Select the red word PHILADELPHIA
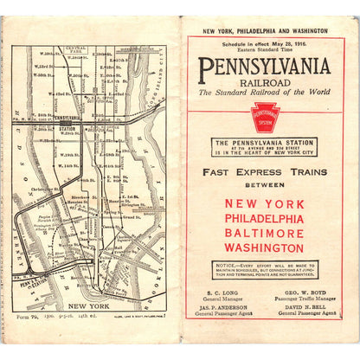pyautogui.click(x=264, y=219)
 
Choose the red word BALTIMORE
pyautogui.click(x=264, y=234)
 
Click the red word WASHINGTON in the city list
pyautogui.click(x=264, y=248)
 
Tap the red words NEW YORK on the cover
pyautogui.click(x=264, y=204)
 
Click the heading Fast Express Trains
pyautogui.click(x=264, y=172)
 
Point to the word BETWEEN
pyautogui.click(x=264, y=185)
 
